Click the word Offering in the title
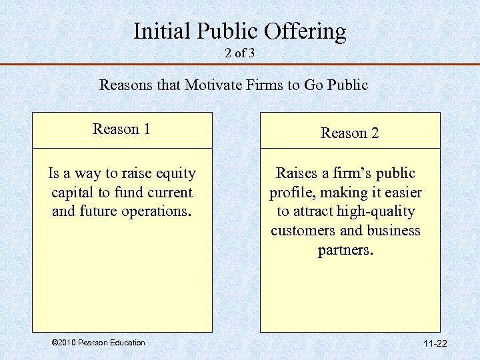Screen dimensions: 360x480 (x=306, y=31)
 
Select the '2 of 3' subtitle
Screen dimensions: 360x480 (x=240, y=53)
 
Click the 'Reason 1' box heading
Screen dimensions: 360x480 (x=121, y=129)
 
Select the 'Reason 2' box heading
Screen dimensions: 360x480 (x=349, y=133)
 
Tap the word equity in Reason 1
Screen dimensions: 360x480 (x=175, y=174)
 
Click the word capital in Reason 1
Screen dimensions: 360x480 (x=73, y=193)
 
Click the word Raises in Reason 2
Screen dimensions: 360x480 (x=297, y=173)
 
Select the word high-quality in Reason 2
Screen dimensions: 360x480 (x=375, y=212)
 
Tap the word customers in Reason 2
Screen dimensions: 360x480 (x=303, y=231)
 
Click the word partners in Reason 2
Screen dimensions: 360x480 (x=345, y=250)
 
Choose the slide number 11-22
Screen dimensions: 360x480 (x=435, y=343)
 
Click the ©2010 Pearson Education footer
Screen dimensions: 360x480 (x=97, y=343)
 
